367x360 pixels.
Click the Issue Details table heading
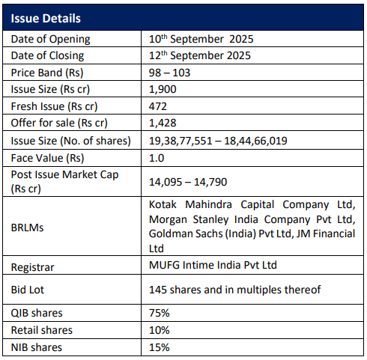coord(46,19)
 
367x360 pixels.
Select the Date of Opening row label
coord(50,39)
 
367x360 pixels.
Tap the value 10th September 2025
coord(201,39)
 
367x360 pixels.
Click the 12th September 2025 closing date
coord(200,55)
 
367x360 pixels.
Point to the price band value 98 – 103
coord(169,73)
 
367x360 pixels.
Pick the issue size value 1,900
coord(163,89)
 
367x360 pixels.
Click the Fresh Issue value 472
coord(158,106)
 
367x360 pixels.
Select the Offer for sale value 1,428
coord(163,123)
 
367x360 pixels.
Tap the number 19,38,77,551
coord(181,141)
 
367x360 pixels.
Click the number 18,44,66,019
coord(255,141)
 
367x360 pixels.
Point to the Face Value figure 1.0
coord(157,158)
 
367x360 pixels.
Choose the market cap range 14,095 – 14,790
coord(188,182)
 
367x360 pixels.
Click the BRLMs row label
coord(27,228)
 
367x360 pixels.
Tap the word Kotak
coord(163,204)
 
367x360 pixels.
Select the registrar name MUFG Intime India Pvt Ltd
coord(213,265)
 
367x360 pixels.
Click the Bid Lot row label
coord(28,290)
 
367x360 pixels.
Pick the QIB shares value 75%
coord(160,313)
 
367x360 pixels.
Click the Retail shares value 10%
coord(160,330)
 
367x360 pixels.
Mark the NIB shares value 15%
coord(160,347)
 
